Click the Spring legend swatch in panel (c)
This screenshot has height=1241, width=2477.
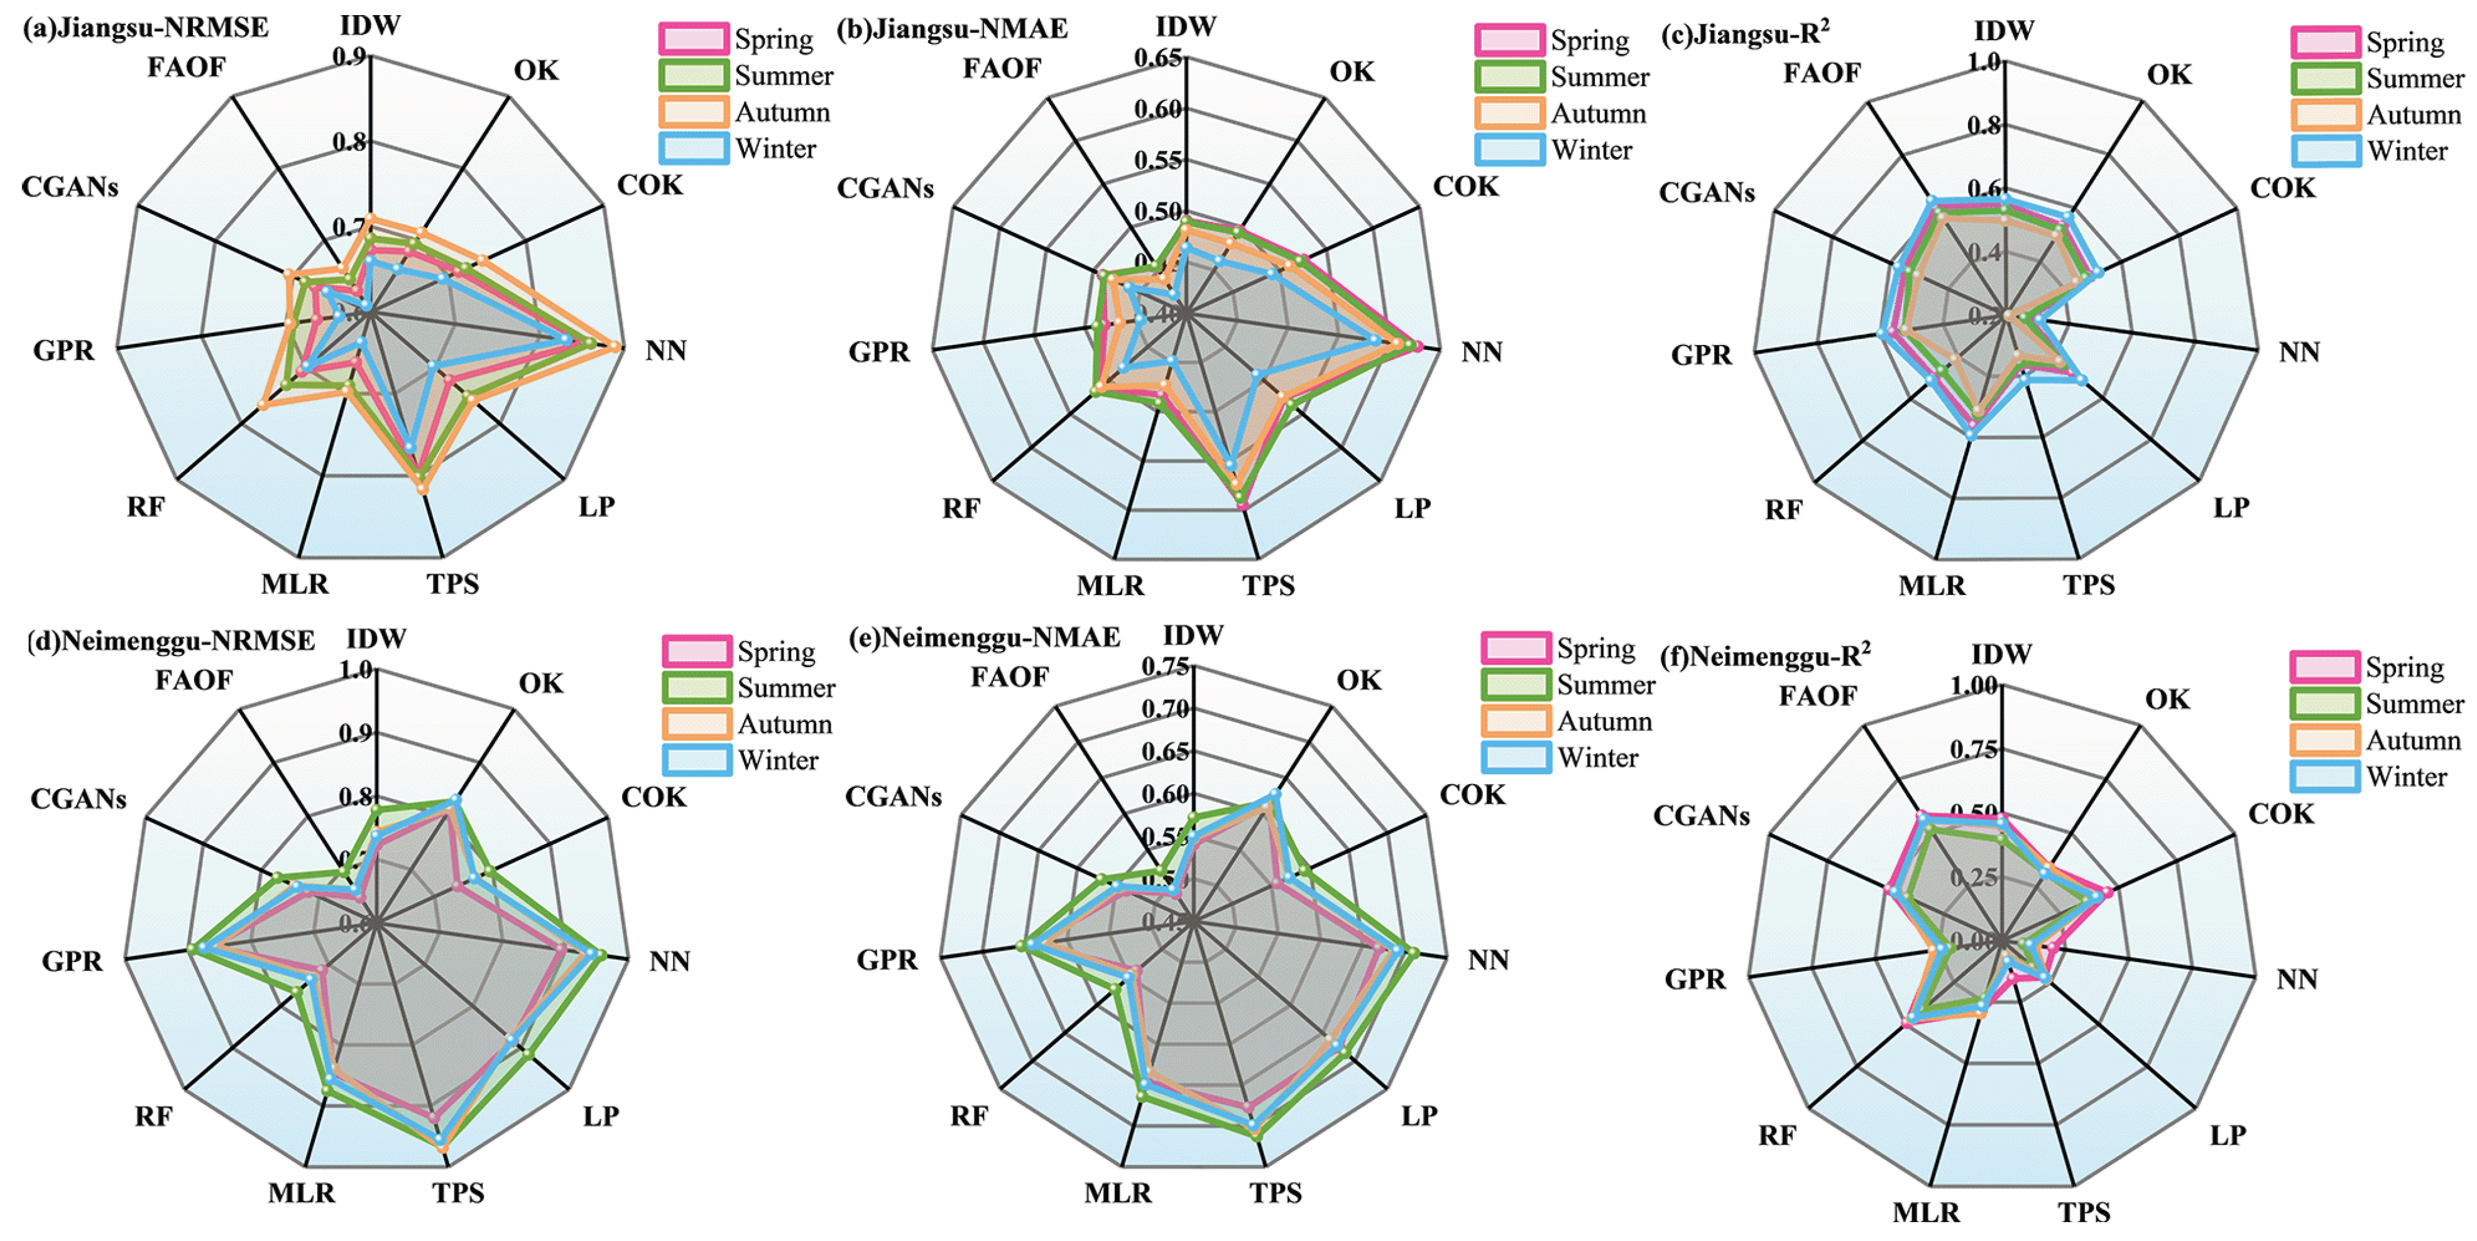pyautogui.click(x=2325, y=42)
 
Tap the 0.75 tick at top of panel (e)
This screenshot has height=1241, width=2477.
pyautogui.click(x=1166, y=666)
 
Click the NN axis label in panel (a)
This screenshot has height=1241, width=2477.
pyautogui.click(x=665, y=351)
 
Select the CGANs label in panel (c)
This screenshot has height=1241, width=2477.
pyautogui.click(x=1707, y=193)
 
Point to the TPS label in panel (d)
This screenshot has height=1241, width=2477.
pyautogui.click(x=457, y=1193)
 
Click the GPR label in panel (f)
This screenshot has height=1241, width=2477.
pyautogui.click(x=1695, y=980)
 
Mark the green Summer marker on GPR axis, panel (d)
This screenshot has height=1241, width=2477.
pyautogui.click(x=192, y=949)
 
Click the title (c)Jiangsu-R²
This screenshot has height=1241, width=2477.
pyautogui.click(x=1745, y=35)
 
